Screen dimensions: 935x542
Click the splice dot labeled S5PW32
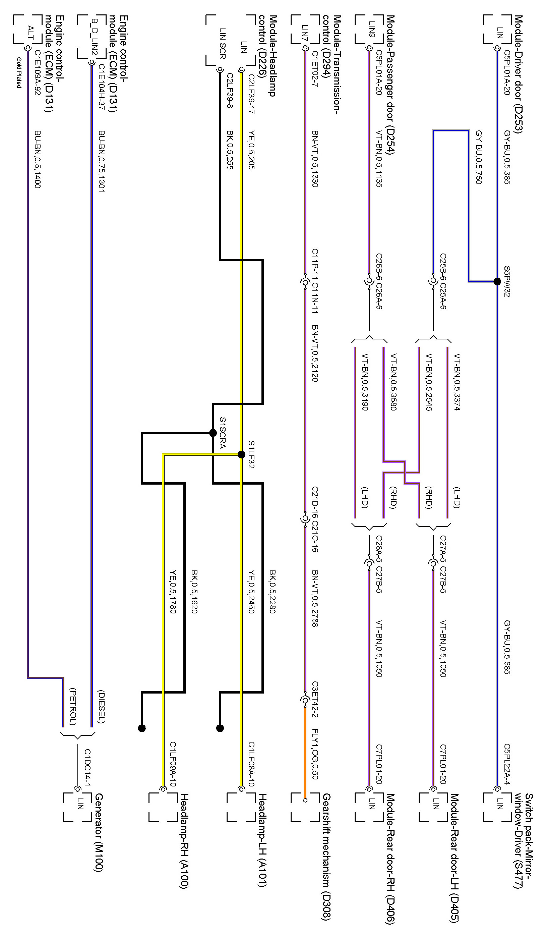pyautogui.click(x=497, y=282)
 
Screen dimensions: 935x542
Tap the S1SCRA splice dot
pyautogui.click(x=213, y=433)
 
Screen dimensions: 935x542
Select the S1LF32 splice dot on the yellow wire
pyautogui.click(x=241, y=454)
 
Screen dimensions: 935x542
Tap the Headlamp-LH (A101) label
pyautogui.click(x=262, y=840)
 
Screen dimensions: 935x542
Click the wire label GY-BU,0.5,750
pyautogui.click(x=479, y=157)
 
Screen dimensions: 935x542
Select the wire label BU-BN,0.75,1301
pyautogui.click(x=102, y=161)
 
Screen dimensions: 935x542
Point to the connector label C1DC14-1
pyautogui.click(x=87, y=768)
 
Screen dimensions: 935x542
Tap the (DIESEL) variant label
pyautogui.click(x=101, y=707)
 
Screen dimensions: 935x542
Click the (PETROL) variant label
pyautogui.click(x=73, y=707)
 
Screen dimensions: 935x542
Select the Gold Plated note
pyautogui.click(x=19, y=73)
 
